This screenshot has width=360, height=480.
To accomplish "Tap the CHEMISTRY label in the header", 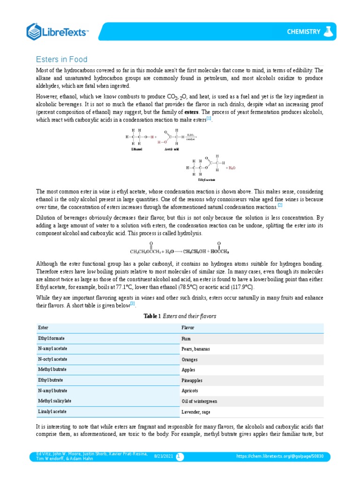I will pos(303,32).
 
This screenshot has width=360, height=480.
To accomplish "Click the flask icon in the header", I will pos(330,31).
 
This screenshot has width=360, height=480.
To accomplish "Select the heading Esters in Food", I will pos(62,60).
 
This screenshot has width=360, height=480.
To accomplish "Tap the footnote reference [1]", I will pos(209,119).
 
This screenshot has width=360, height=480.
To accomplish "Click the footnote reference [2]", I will pos(280,205).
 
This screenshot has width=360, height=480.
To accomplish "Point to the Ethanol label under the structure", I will pos(136,149).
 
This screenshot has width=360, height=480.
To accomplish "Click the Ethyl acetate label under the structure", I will pos(207,180).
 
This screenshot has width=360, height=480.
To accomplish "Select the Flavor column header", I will pos(188,328).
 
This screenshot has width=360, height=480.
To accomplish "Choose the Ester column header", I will pos(43,328).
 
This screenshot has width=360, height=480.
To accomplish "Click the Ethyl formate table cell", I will pos(52,337).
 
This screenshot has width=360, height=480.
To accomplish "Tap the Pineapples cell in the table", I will pos(192,381).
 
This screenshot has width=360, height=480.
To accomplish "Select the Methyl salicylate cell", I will pos(55,401).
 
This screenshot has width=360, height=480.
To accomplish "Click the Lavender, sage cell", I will pos(196,412).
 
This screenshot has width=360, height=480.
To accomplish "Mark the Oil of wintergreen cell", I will pos(199,401).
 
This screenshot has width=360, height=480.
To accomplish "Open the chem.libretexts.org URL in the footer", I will pos(283,456).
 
